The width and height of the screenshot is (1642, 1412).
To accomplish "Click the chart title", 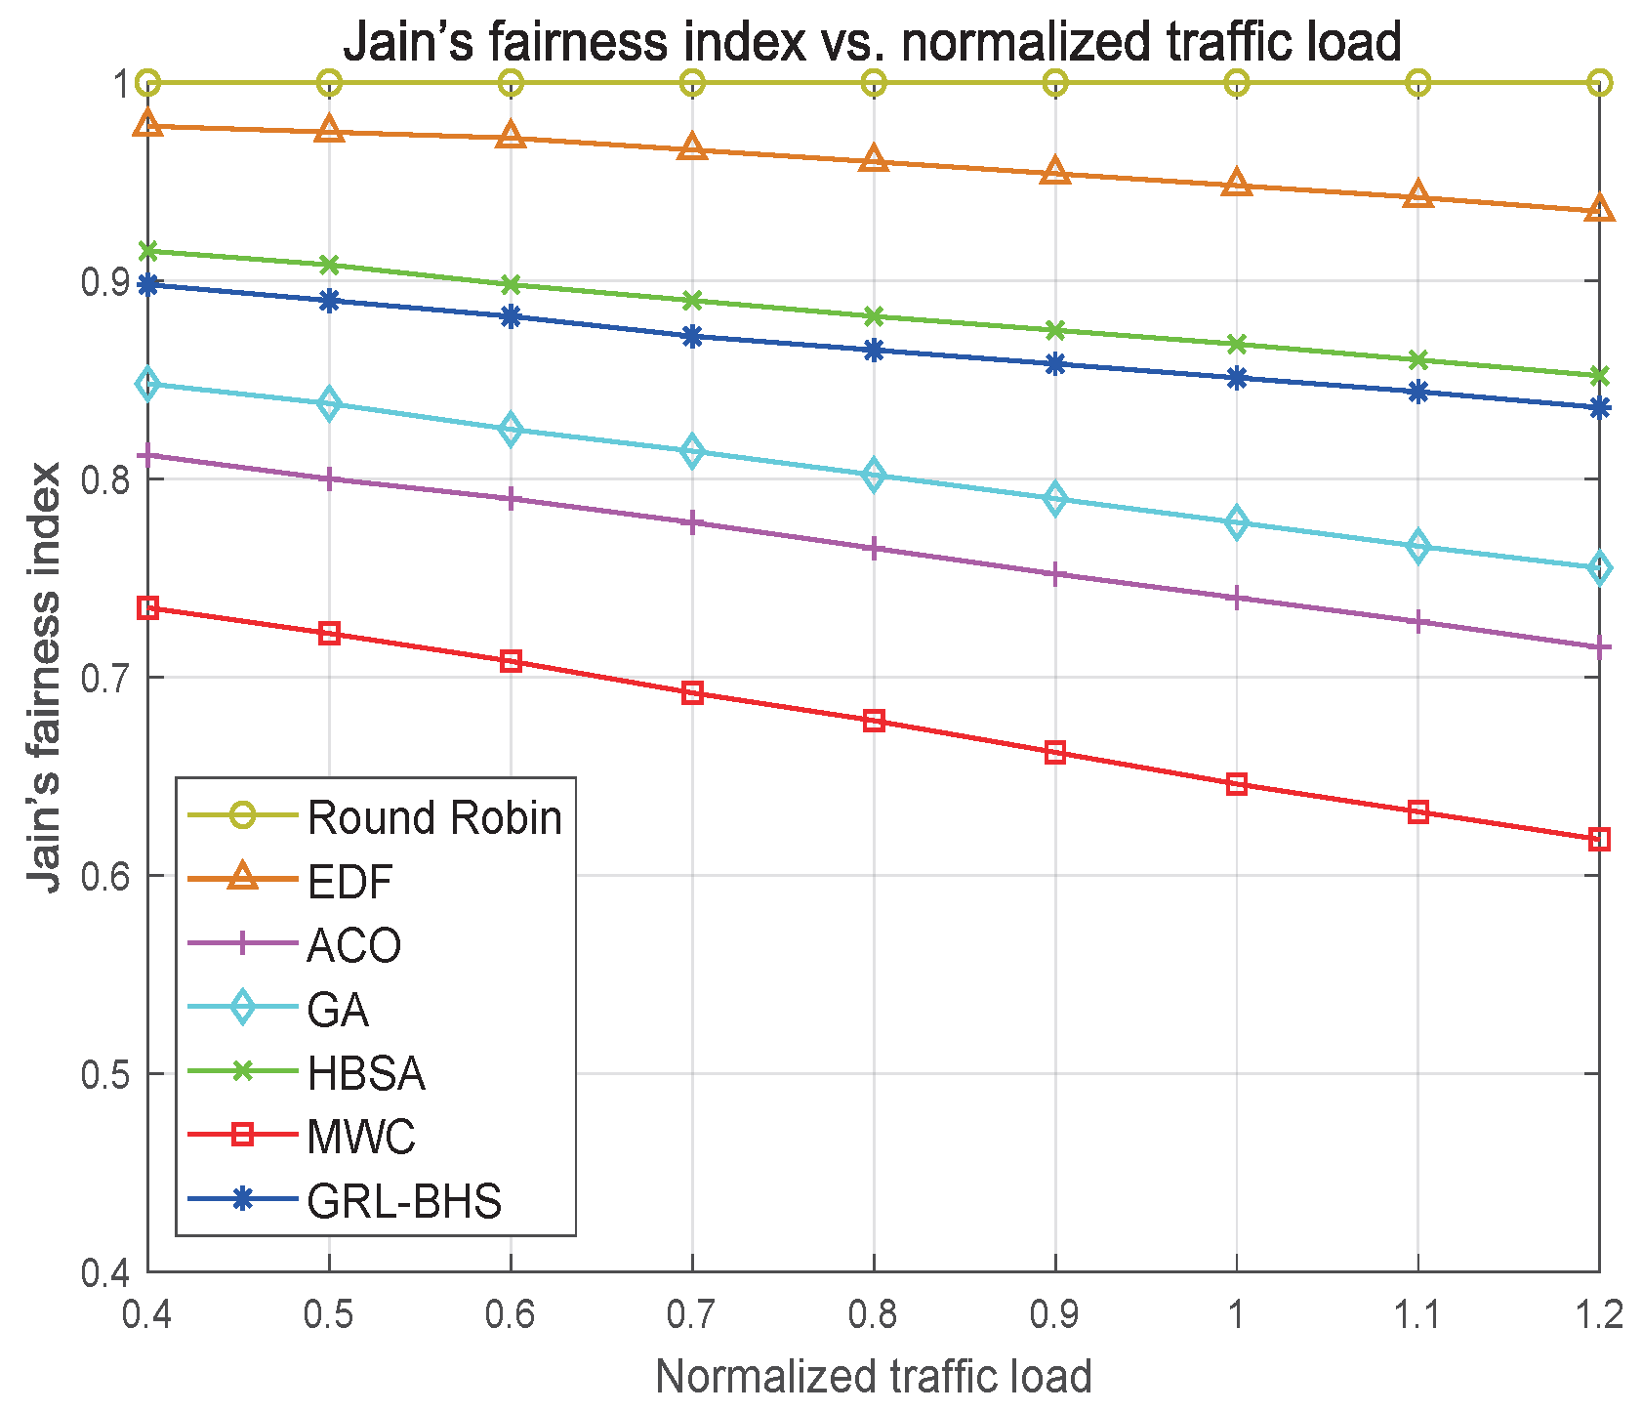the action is (872, 42).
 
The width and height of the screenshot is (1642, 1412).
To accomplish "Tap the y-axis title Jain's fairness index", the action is (45, 677).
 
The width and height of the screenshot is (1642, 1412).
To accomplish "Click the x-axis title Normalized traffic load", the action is (873, 1376).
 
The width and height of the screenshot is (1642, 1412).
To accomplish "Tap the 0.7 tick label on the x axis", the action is (692, 1315).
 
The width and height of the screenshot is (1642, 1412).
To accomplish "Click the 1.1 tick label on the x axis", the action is (1417, 1315).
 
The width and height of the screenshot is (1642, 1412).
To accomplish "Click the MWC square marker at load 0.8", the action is (874, 721).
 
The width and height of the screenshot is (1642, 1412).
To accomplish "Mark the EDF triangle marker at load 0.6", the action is (511, 136).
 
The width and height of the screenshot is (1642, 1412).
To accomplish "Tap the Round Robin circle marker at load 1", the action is (1237, 82).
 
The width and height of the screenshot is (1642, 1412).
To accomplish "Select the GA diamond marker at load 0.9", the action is (1055, 499).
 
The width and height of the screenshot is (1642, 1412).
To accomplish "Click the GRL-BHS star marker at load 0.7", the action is (692, 337).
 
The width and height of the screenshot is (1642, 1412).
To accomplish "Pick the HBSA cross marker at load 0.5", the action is (329, 265).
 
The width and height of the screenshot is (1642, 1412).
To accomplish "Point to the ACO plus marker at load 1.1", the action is (1417, 622).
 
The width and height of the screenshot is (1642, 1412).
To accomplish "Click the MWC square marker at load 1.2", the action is (1599, 840).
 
